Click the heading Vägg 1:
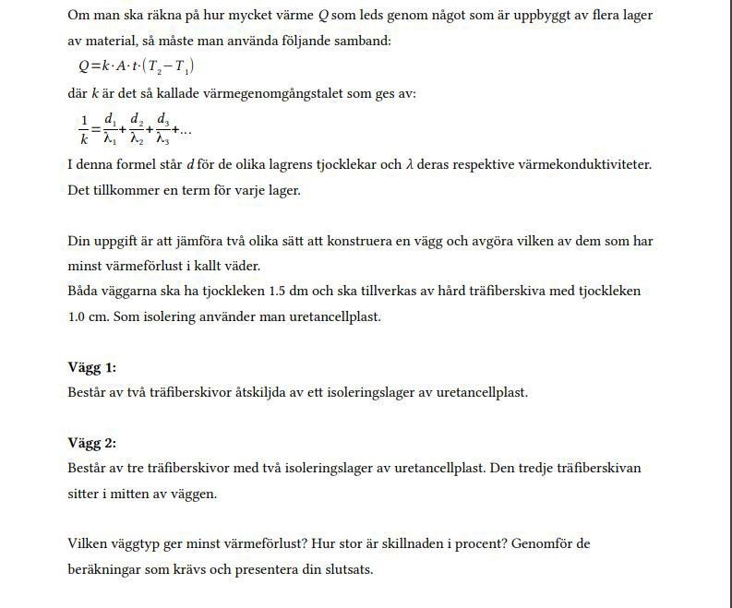(91, 367)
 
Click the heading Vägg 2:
(91, 443)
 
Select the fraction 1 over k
(84, 129)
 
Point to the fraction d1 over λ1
(109, 129)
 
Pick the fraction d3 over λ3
(162, 129)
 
